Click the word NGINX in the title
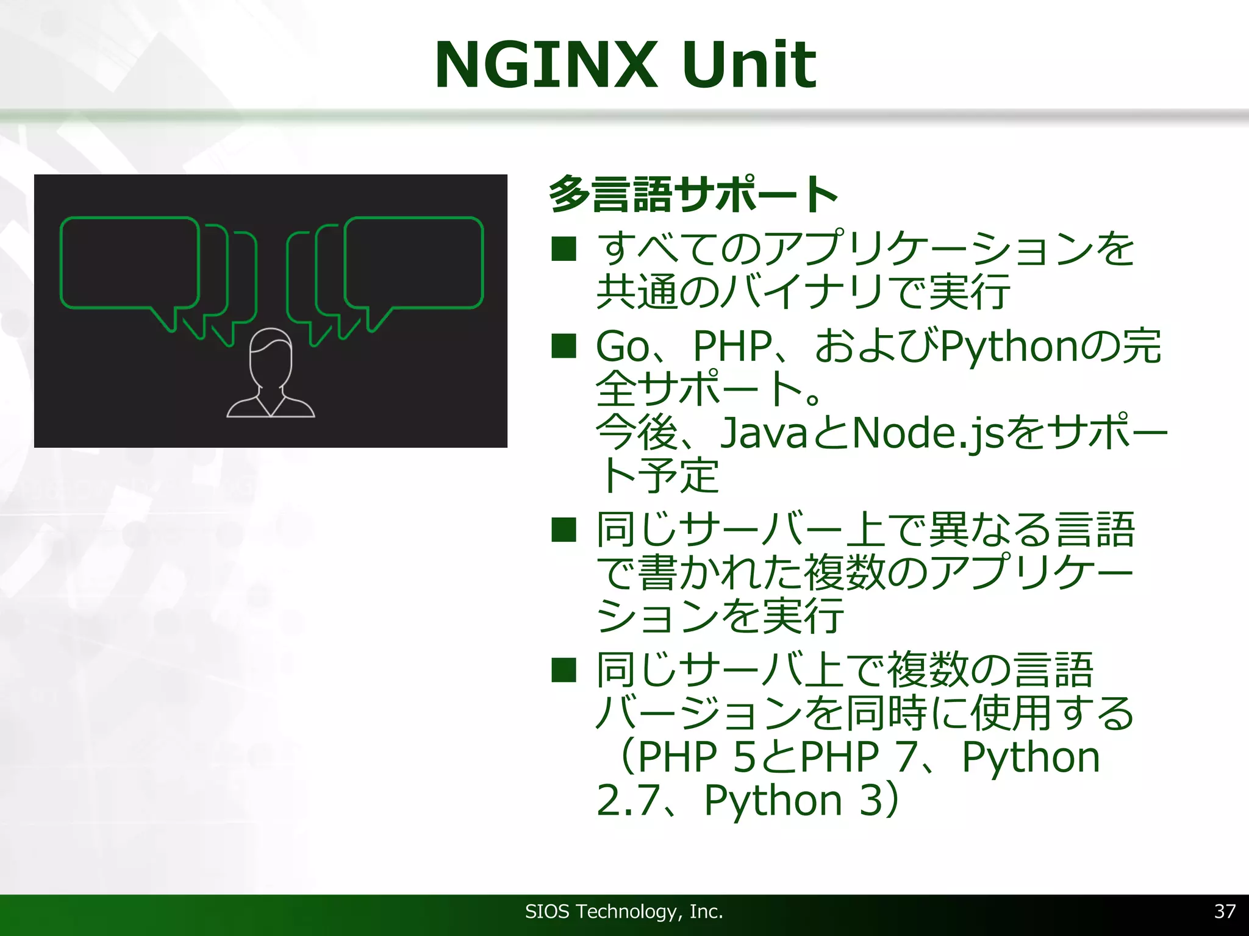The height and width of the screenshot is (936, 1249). (x=545, y=65)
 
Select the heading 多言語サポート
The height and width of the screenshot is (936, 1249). (x=693, y=194)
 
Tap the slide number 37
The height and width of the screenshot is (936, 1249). (x=1225, y=911)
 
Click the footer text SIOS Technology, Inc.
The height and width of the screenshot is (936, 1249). (x=624, y=912)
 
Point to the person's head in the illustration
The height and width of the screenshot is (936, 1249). (x=271, y=356)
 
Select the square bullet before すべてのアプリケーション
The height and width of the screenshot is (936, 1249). (x=564, y=249)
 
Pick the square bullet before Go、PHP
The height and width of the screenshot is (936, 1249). (x=564, y=346)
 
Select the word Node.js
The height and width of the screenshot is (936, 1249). (x=927, y=434)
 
